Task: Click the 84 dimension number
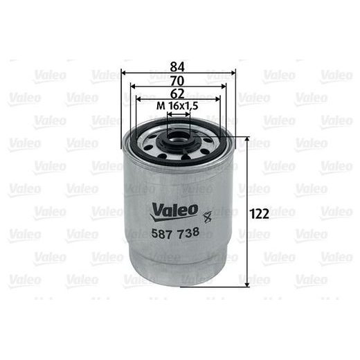tap(179, 66)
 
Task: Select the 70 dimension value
tap(179, 80)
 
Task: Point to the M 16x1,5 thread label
tap(179, 106)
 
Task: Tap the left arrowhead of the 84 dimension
tap(125, 73)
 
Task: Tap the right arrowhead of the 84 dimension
tap(233, 73)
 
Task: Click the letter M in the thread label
tap(161, 106)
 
